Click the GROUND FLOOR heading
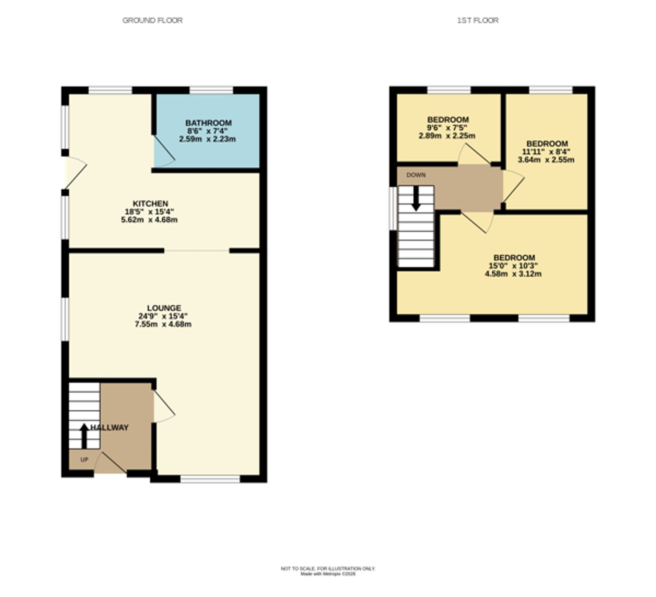[x=152, y=20]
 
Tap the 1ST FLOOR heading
[x=478, y=20]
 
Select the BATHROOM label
[x=208, y=123]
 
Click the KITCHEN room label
[x=150, y=204]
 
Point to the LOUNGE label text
[x=164, y=308]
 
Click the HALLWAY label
[x=110, y=428]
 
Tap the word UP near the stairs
[x=84, y=460]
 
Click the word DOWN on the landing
[x=416, y=175]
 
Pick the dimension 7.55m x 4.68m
[x=163, y=324]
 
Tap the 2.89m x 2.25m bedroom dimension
[x=447, y=136]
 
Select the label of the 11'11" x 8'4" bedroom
[x=547, y=144]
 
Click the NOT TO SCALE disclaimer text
[x=328, y=569]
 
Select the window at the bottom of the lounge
[x=210, y=479]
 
